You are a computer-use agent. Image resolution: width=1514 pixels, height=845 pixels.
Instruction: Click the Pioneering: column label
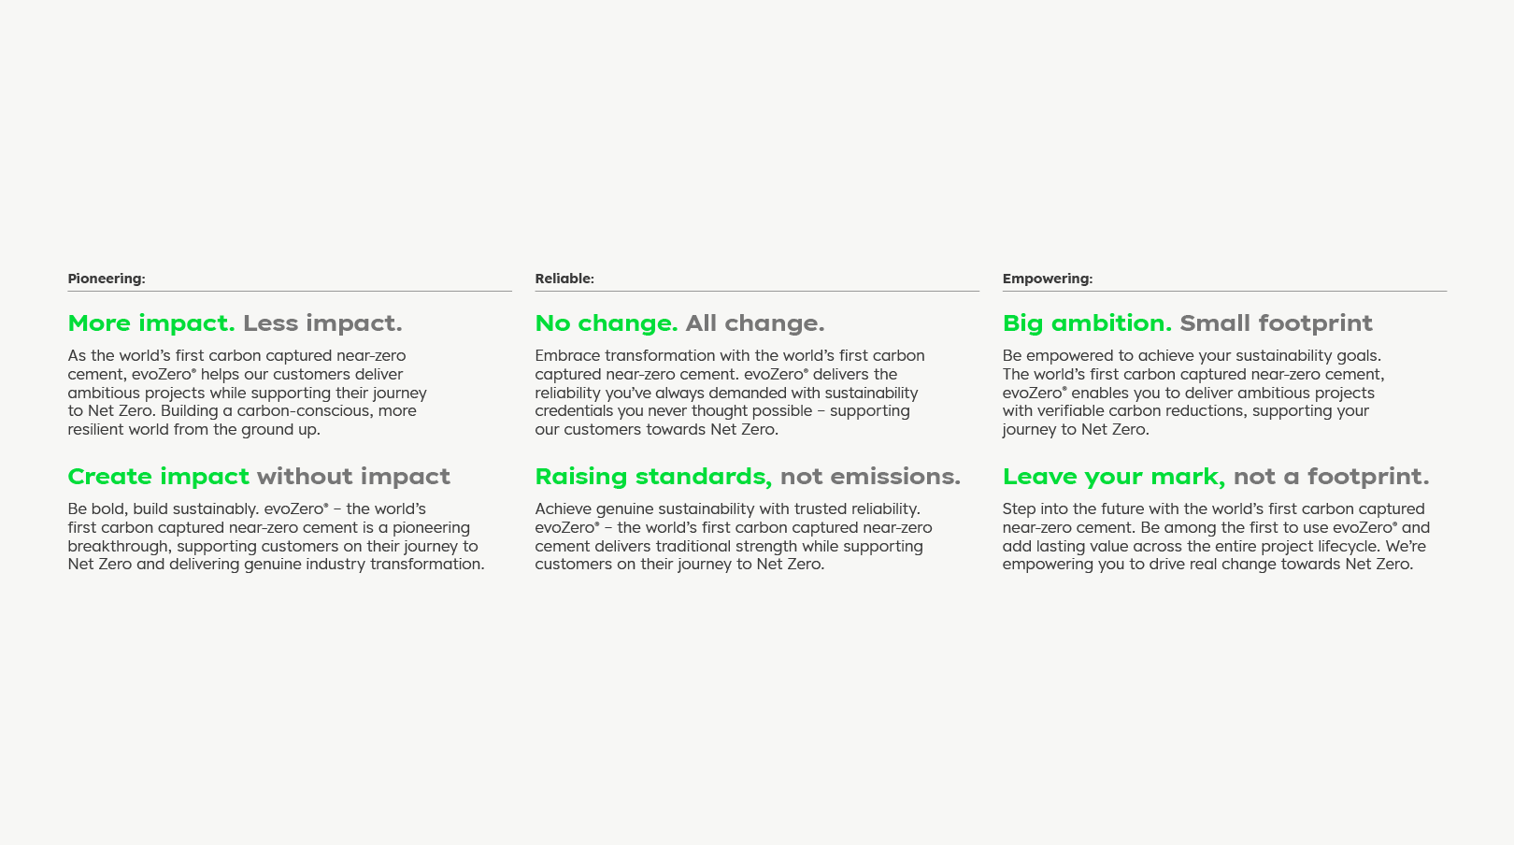pyautogui.click(x=107, y=279)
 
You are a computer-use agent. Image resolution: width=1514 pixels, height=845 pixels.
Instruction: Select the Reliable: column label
pyautogui.click(x=564, y=279)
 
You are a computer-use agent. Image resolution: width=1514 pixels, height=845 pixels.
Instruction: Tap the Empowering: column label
pyautogui.click(x=1047, y=279)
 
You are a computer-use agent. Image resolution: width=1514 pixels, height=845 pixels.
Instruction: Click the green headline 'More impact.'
pyautogui.click(x=151, y=323)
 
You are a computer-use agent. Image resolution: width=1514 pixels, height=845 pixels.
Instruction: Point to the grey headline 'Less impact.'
pyautogui.click(x=322, y=323)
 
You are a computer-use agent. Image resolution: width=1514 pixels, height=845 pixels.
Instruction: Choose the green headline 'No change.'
pyautogui.click(x=607, y=323)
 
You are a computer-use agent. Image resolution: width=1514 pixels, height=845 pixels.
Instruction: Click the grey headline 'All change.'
pyautogui.click(x=755, y=323)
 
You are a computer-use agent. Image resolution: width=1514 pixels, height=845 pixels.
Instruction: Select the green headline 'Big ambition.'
pyautogui.click(x=1087, y=323)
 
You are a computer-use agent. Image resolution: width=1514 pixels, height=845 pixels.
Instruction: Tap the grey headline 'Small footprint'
pyautogui.click(x=1276, y=323)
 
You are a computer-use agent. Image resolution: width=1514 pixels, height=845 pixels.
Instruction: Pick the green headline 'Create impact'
pyautogui.click(x=158, y=477)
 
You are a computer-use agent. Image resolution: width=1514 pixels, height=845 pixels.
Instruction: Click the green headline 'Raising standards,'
pyautogui.click(x=653, y=477)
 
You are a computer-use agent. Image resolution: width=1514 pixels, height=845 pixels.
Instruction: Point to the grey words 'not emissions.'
pyautogui.click(x=870, y=477)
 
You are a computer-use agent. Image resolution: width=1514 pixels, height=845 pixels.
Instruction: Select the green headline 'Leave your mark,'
pyautogui.click(x=1114, y=477)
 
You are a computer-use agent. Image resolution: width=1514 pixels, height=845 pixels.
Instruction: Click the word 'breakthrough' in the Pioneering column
pyautogui.click(x=118, y=546)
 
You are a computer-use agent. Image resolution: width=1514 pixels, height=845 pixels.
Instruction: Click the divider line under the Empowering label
pyautogui.click(x=1224, y=292)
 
